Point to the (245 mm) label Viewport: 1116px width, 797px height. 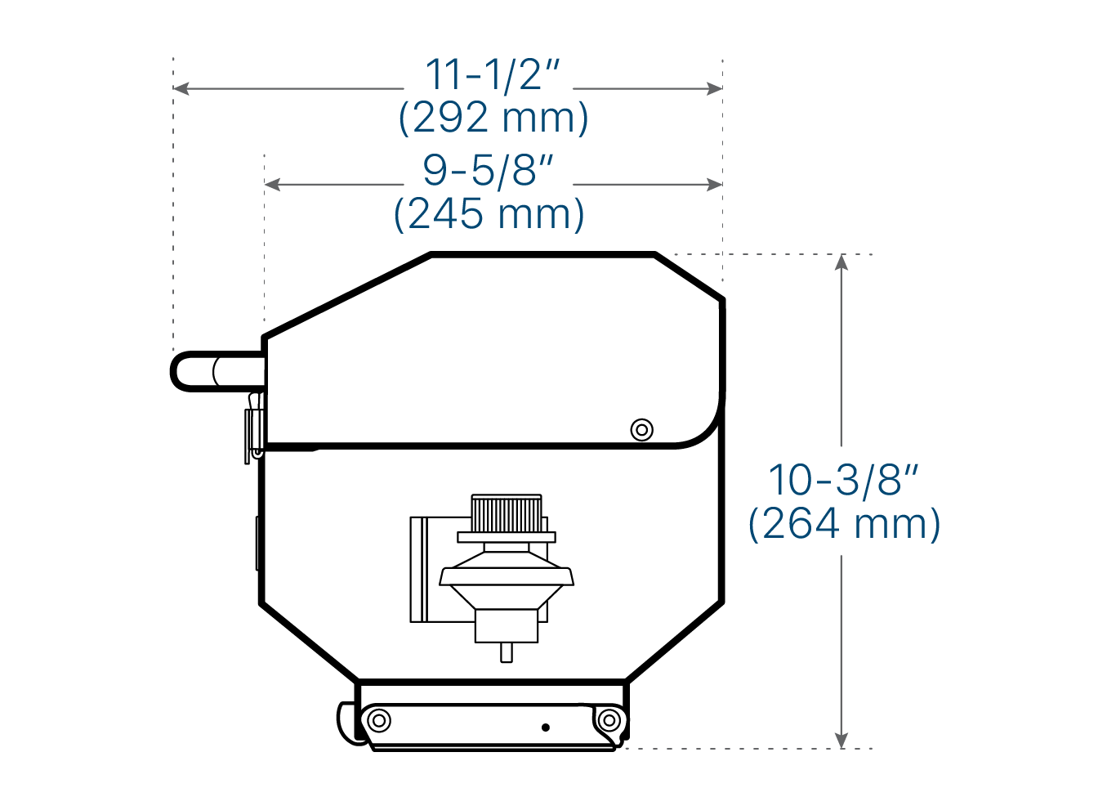click(x=489, y=214)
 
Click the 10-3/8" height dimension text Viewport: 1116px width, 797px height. click(x=843, y=480)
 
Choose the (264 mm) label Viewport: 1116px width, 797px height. click(x=844, y=523)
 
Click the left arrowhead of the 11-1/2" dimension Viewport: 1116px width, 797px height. click(x=181, y=89)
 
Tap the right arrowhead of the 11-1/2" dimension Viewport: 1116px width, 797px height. click(x=715, y=89)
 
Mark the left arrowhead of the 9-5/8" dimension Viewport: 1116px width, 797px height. click(x=272, y=185)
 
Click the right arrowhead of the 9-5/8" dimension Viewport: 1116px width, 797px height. click(x=715, y=185)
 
